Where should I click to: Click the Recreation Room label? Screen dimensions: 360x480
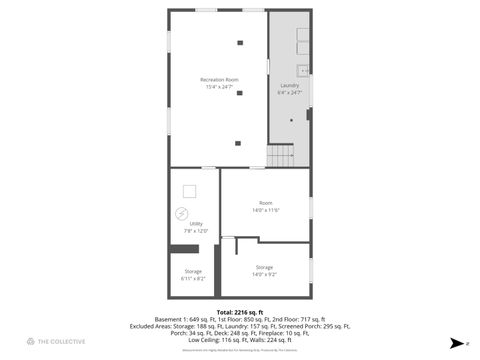(x=219, y=79)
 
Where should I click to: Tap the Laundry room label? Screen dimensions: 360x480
(x=289, y=86)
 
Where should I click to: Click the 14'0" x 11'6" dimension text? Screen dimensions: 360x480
(x=265, y=210)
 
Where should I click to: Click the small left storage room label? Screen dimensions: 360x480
(x=193, y=271)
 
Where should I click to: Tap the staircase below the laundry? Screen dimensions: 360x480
(x=281, y=157)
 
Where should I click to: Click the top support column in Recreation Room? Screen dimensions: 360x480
(x=240, y=42)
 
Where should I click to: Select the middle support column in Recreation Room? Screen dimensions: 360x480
(x=240, y=92)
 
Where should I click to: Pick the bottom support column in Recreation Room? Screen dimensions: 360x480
(x=238, y=143)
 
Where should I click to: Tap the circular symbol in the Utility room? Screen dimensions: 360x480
(x=181, y=212)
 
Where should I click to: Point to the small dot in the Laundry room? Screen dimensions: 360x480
(x=292, y=120)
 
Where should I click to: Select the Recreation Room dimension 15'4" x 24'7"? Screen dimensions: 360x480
(x=219, y=86)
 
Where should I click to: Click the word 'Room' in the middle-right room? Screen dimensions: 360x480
(x=265, y=203)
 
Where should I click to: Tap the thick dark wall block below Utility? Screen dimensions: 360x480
(x=185, y=248)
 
